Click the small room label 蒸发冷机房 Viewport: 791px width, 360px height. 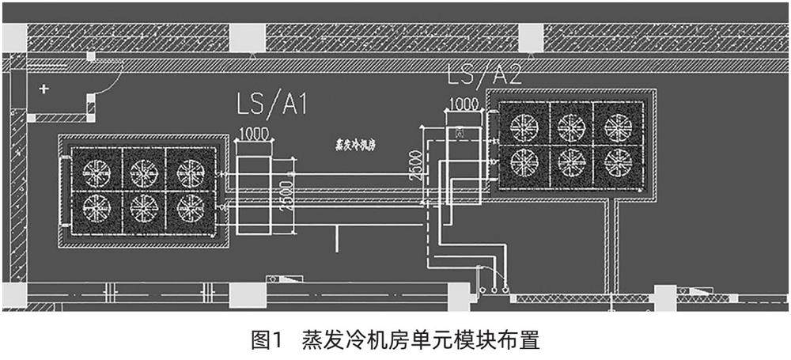coord(357,146)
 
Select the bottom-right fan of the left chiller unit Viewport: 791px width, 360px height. coord(191,208)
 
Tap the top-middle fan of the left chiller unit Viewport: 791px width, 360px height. coord(144,171)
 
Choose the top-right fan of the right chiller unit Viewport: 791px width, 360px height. coord(618,126)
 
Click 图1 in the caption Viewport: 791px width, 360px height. coord(267,341)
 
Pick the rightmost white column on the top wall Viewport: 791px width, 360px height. coord(531,37)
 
